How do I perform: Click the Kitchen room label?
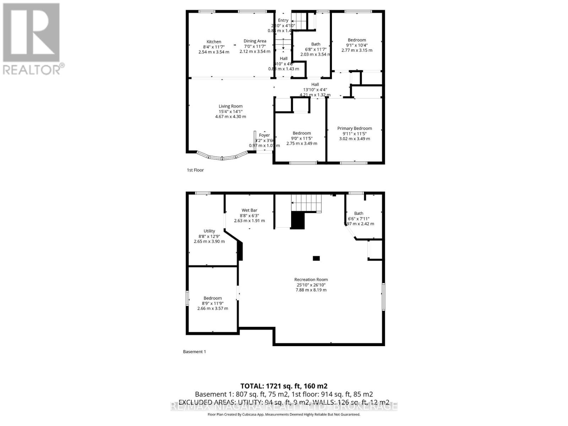214,42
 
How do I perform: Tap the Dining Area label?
255,41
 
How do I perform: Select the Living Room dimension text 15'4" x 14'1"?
230,111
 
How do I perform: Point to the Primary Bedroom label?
354,129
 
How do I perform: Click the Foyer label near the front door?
264,135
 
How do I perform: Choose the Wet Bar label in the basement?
249,211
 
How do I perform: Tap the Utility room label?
209,231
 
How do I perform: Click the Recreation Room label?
311,280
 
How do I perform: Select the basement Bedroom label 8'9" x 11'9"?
213,298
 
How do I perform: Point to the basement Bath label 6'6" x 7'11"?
359,214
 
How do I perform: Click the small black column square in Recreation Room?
316,258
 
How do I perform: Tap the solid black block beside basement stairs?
298,220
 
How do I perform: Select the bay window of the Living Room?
223,157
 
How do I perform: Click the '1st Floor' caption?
195,170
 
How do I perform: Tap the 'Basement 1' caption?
194,352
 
